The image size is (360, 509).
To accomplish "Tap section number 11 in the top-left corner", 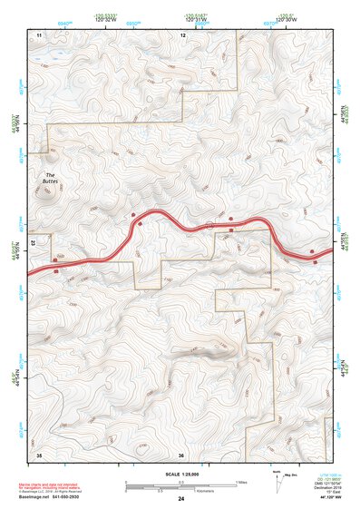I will pyautogui.click(x=39, y=34).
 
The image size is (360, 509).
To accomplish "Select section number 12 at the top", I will pyautogui.click(x=183, y=34).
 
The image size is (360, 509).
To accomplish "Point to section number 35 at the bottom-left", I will pyautogui.click(x=39, y=453).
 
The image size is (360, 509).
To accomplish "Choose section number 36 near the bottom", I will pyautogui.click(x=181, y=455).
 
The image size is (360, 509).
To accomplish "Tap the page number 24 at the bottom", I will pyautogui.click(x=181, y=499).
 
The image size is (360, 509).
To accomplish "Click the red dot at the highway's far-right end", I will pyautogui.click(x=312, y=250).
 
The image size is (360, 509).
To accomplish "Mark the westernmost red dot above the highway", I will pyautogui.click(x=133, y=215).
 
